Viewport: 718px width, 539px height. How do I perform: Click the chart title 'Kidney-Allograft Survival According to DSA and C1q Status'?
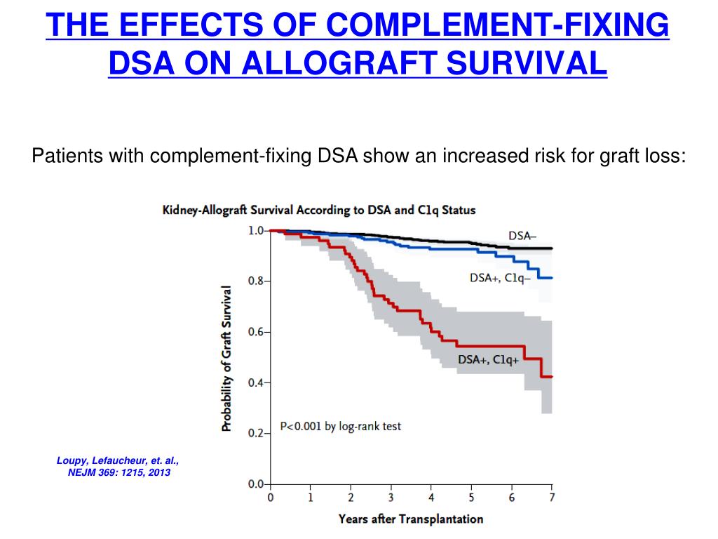(319, 210)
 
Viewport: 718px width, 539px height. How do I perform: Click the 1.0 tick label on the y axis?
(257, 230)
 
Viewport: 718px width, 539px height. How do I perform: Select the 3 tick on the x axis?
(391, 498)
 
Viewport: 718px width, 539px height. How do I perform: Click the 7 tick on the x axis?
(552, 498)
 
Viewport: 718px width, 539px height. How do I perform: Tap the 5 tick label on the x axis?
(471, 498)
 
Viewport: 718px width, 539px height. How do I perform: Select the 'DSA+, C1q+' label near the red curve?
(489, 360)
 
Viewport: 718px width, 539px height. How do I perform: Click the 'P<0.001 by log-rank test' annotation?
(341, 426)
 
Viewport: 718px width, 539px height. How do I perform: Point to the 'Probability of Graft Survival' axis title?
(226, 358)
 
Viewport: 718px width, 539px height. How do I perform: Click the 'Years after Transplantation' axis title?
(410, 519)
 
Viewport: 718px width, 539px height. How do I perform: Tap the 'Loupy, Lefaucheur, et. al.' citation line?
(118, 460)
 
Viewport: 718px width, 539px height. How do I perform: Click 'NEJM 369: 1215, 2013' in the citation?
(118, 472)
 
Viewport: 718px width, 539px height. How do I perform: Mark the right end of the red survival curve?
(552, 377)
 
